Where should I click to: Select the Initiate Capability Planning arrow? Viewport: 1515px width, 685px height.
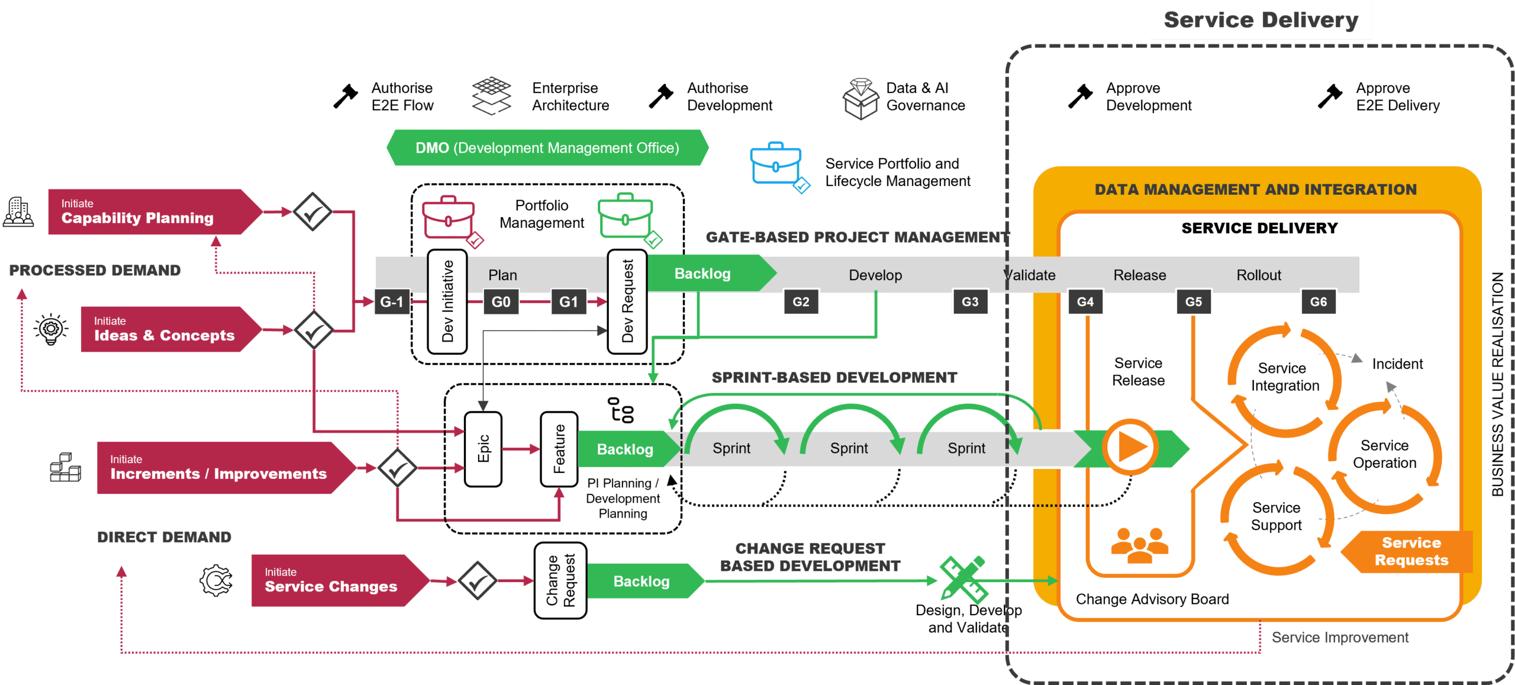tap(153, 211)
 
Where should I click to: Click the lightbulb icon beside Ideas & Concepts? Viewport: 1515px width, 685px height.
tap(50, 329)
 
